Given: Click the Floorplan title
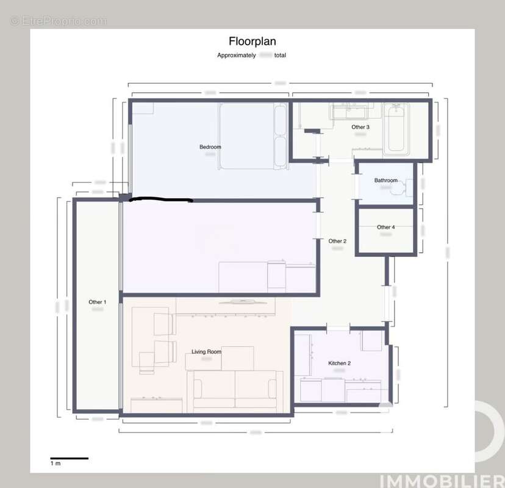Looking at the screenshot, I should (252, 41).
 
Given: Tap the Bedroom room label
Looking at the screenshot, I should (210, 147).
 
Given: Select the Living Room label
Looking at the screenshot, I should (206, 352).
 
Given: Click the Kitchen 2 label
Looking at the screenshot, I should (339, 364).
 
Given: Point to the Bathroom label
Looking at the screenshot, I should (385, 181).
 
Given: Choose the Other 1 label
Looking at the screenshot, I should (97, 302).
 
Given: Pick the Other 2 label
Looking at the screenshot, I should (337, 241).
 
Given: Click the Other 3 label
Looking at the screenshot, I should (360, 127).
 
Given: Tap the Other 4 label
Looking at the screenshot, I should (385, 228).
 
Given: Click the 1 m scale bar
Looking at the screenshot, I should (69, 458).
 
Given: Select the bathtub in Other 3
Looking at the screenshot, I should (396, 128).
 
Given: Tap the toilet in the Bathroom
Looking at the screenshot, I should (403, 187).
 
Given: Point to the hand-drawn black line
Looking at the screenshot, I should (162, 199).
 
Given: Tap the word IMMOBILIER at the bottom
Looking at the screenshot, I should (442, 480).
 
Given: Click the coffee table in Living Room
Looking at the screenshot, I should (237, 357).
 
